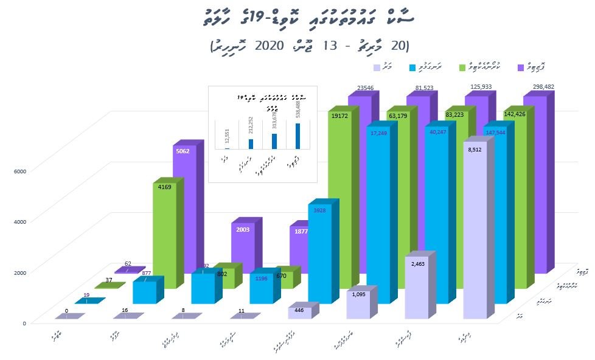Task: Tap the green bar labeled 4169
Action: coord(164,237)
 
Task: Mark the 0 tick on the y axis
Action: coord(24,323)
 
